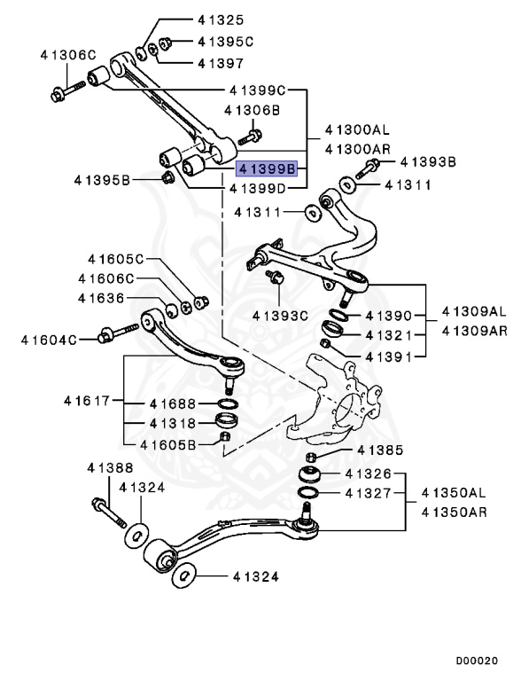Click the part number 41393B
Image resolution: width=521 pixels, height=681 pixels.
click(x=428, y=162)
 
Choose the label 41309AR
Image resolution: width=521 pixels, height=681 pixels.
click(x=474, y=330)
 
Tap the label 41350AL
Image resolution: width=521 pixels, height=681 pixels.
click(x=454, y=491)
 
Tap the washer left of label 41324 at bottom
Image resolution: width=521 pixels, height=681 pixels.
click(x=183, y=576)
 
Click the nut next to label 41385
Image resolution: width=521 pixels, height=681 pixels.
click(x=311, y=455)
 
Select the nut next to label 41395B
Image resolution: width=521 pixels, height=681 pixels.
click(x=167, y=180)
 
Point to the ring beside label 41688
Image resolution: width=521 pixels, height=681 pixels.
click(x=227, y=405)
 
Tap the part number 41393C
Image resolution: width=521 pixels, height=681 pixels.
click(x=279, y=314)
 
